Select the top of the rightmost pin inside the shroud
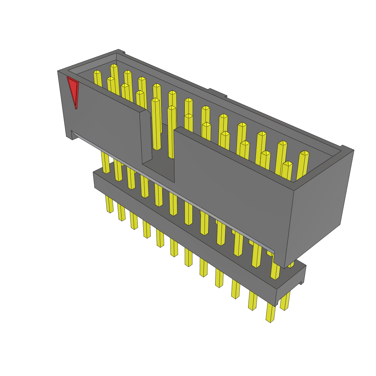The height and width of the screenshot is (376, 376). [304, 153]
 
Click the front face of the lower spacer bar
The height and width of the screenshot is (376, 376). [184, 235]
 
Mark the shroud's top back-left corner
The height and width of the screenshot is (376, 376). [118, 50]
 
